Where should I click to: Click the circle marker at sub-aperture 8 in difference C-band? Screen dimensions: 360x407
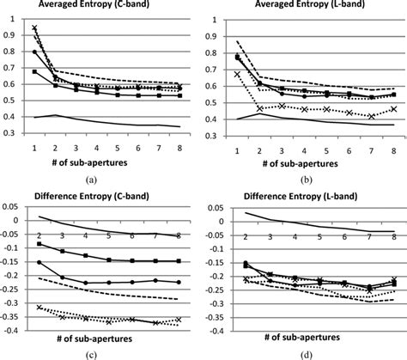[178, 282]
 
